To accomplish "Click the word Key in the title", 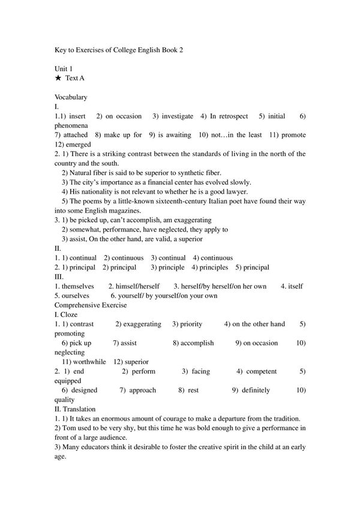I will click(60, 51).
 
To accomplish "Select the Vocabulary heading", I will click(71, 97).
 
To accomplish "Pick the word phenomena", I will click(71, 125).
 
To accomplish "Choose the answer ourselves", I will click(75, 296).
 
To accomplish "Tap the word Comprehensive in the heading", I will click(78, 305).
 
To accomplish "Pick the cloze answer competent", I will click(261, 371).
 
